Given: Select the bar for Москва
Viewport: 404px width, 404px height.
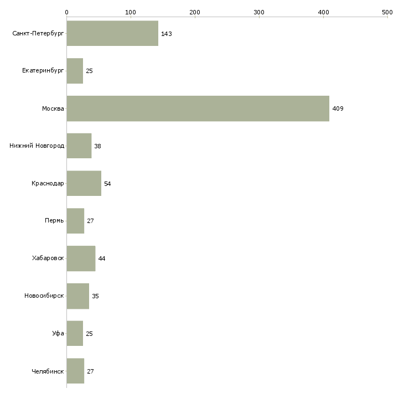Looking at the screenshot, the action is [198, 108].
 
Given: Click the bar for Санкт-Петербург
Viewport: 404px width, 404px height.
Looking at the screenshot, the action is [112, 34].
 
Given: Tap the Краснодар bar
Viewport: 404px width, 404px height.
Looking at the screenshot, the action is [84, 183].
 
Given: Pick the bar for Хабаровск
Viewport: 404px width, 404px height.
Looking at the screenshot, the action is [81, 258].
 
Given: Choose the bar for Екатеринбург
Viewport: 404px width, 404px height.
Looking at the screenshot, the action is [75, 71].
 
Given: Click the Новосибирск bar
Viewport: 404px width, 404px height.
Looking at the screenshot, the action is [78, 296].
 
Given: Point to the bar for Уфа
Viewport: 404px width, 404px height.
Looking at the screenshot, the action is [75, 333].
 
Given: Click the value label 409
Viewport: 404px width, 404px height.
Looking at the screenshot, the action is [338, 108].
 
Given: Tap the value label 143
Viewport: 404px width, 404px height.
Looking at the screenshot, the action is [167, 34].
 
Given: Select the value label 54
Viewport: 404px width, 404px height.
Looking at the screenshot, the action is [107, 184].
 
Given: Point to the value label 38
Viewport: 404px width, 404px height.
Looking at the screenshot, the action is [97, 146].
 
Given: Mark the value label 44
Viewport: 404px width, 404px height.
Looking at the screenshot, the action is [102, 258].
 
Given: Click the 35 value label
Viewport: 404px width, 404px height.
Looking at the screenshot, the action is [95, 296].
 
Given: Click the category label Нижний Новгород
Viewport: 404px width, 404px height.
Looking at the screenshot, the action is [37, 146].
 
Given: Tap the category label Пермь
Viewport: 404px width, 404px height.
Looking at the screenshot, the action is [54, 221].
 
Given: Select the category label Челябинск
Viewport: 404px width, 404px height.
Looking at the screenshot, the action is [48, 371].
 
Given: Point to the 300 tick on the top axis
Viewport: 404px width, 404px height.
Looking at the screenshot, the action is [259, 17].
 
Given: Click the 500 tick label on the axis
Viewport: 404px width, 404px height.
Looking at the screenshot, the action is [387, 12].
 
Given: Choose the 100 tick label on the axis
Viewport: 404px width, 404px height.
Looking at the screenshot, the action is [131, 12].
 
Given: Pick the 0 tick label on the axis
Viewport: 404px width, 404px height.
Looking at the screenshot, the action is [67, 12].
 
